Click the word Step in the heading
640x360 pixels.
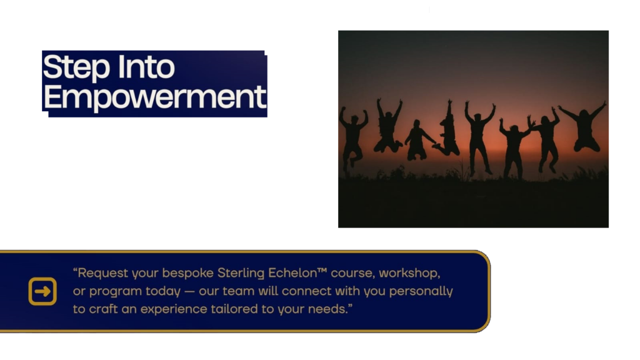pyautogui.click(x=76, y=67)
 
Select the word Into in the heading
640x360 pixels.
pyautogui.click(x=146, y=66)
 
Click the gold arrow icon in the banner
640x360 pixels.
pyautogui.click(x=42, y=291)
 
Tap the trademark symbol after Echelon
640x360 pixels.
pyautogui.click(x=322, y=270)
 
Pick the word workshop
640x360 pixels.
pyautogui.click(x=409, y=273)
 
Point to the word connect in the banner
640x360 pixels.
pyautogui.click(x=304, y=291)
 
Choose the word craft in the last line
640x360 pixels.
pyautogui.click(x=103, y=309)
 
